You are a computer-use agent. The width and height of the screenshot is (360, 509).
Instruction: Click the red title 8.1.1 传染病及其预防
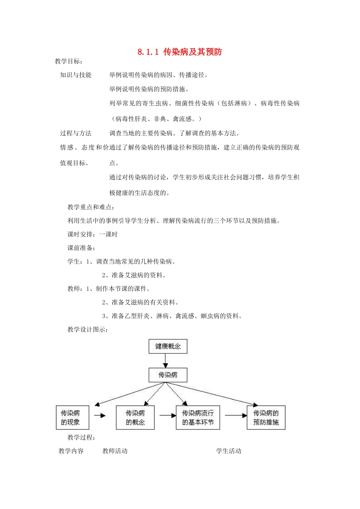(x=180, y=52)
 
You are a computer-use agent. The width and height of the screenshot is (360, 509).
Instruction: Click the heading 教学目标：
(x=69, y=61)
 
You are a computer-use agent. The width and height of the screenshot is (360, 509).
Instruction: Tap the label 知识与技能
(x=76, y=75)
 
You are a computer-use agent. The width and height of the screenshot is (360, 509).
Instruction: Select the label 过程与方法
(x=76, y=133)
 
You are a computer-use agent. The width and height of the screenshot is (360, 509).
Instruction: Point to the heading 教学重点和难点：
(x=91, y=207)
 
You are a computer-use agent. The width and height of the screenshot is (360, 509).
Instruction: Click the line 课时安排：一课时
(x=92, y=234)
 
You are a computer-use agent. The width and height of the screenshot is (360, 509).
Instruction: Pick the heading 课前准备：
(x=81, y=248)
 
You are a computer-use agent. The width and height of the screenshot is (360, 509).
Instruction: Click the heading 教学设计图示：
(x=88, y=330)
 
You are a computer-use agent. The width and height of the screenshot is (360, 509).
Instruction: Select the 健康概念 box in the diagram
(x=168, y=347)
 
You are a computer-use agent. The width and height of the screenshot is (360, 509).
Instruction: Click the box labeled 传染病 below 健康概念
(x=168, y=375)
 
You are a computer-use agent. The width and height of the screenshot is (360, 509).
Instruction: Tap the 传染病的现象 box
(x=73, y=418)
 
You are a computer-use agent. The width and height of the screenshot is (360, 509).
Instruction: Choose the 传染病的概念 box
(x=135, y=418)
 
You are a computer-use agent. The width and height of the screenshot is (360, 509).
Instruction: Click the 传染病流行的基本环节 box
(x=198, y=418)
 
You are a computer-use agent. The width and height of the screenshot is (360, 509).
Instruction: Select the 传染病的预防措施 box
(x=266, y=418)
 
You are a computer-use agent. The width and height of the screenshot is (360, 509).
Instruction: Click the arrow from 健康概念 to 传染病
(x=166, y=361)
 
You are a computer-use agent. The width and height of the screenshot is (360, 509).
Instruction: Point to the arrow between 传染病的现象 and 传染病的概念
(x=100, y=415)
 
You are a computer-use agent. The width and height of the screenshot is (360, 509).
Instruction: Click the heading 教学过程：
(x=81, y=438)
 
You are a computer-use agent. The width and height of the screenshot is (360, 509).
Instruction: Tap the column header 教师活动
(x=115, y=451)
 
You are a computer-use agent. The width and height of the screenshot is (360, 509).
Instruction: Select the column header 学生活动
(x=229, y=451)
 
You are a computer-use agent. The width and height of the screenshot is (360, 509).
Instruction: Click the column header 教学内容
(x=71, y=451)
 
